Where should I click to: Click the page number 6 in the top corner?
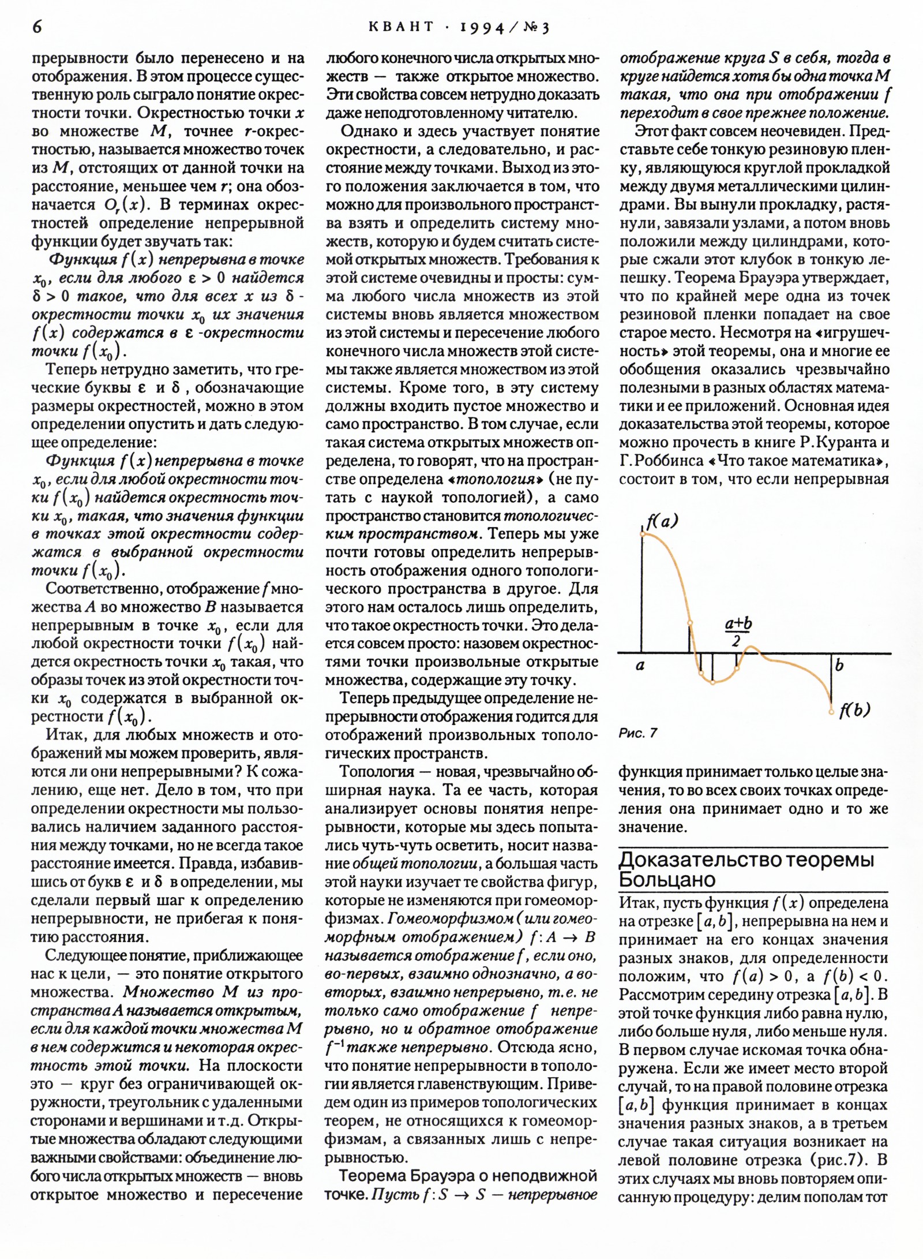[37, 27]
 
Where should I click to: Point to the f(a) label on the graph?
[662, 522]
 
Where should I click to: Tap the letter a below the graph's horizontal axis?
[640, 666]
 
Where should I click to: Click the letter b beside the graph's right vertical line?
[839, 665]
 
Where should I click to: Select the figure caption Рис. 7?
[637, 733]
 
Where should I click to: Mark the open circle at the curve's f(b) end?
[831, 712]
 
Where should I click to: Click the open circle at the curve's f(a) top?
[643, 535]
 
